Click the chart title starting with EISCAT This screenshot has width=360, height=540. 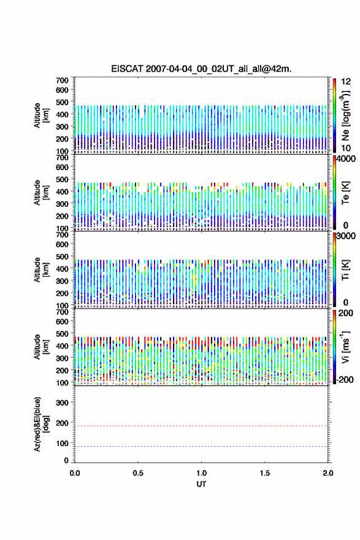click(201, 69)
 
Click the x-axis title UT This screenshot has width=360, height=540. click(201, 484)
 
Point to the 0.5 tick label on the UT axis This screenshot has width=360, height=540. click(138, 473)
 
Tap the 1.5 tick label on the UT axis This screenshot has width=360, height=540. click(265, 473)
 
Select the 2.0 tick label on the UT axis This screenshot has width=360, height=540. click(328, 473)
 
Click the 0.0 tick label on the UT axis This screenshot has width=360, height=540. click(75, 473)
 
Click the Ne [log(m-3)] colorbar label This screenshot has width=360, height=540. click(345, 116)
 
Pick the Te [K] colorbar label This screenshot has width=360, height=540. click(345, 193)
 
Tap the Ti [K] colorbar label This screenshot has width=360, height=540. click(345, 270)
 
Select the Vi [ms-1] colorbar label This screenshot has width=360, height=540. click(345, 347)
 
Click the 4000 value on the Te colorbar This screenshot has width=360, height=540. click(346, 159)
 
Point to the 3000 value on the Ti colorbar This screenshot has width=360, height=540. click(346, 236)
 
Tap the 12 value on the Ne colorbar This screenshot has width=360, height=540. click(346, 82)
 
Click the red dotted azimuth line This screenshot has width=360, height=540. click(201, 426)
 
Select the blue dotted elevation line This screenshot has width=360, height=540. click(201, 446)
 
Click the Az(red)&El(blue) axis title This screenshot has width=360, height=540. click(40, 424)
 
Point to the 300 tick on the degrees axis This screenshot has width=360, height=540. click(62, 403)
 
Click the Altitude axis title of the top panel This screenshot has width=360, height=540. click(40, 115)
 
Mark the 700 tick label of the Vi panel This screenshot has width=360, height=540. click(62, 312)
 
